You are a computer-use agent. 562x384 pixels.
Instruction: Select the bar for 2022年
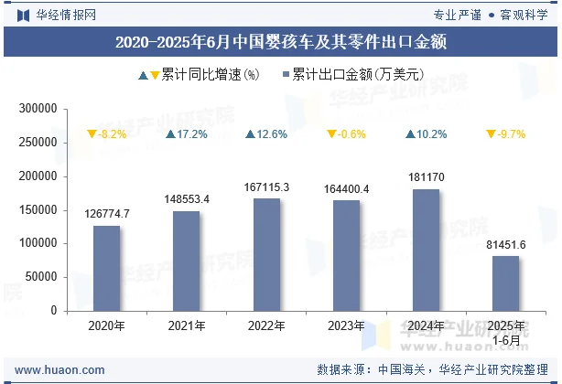266,254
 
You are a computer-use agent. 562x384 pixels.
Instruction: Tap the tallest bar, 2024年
426,250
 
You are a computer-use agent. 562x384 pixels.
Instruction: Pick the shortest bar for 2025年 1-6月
506,283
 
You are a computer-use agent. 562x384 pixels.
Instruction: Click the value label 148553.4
187,199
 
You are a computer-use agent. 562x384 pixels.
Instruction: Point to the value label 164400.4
346,189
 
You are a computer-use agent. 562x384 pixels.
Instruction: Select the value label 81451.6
506,244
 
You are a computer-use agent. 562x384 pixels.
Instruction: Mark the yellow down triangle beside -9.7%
492,134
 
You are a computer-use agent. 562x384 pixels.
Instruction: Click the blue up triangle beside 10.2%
411,134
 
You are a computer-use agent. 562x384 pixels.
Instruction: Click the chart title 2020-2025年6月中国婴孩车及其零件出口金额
281,42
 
